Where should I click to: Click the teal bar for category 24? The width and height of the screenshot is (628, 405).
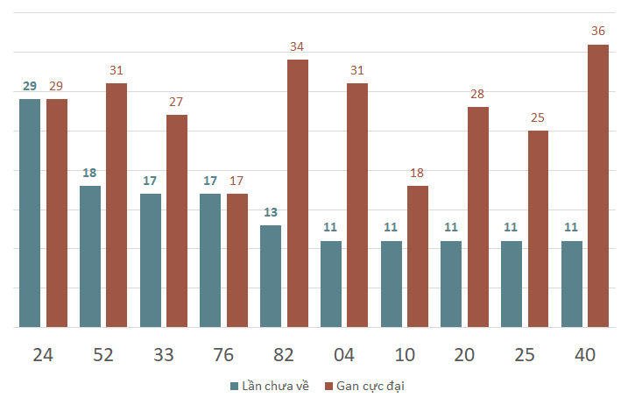30,213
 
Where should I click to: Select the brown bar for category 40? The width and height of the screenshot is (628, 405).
598,186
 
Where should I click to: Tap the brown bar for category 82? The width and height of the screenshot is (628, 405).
298,193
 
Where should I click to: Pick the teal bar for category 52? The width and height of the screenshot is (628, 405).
90,257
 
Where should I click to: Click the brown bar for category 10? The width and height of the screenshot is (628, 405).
418,257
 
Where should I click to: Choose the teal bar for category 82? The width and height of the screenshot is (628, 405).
271,276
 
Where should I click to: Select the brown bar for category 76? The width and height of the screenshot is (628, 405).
237,260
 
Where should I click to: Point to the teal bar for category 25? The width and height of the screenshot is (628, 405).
512,284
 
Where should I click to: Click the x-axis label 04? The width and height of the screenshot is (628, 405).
344,355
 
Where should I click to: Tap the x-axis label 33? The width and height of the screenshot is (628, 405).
164,355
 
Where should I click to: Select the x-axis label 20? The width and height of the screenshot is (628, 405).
464,355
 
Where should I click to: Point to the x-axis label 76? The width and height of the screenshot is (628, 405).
223,355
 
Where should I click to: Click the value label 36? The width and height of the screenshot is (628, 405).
598,31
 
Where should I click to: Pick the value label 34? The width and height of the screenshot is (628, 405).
297,46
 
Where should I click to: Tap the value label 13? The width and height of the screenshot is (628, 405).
271,212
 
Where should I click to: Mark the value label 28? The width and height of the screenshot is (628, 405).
477,94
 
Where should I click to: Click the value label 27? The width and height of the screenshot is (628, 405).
176,102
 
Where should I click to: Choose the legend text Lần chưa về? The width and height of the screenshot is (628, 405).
276,386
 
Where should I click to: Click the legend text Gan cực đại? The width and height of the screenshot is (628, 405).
370,387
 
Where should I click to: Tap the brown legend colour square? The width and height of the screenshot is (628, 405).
328,387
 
